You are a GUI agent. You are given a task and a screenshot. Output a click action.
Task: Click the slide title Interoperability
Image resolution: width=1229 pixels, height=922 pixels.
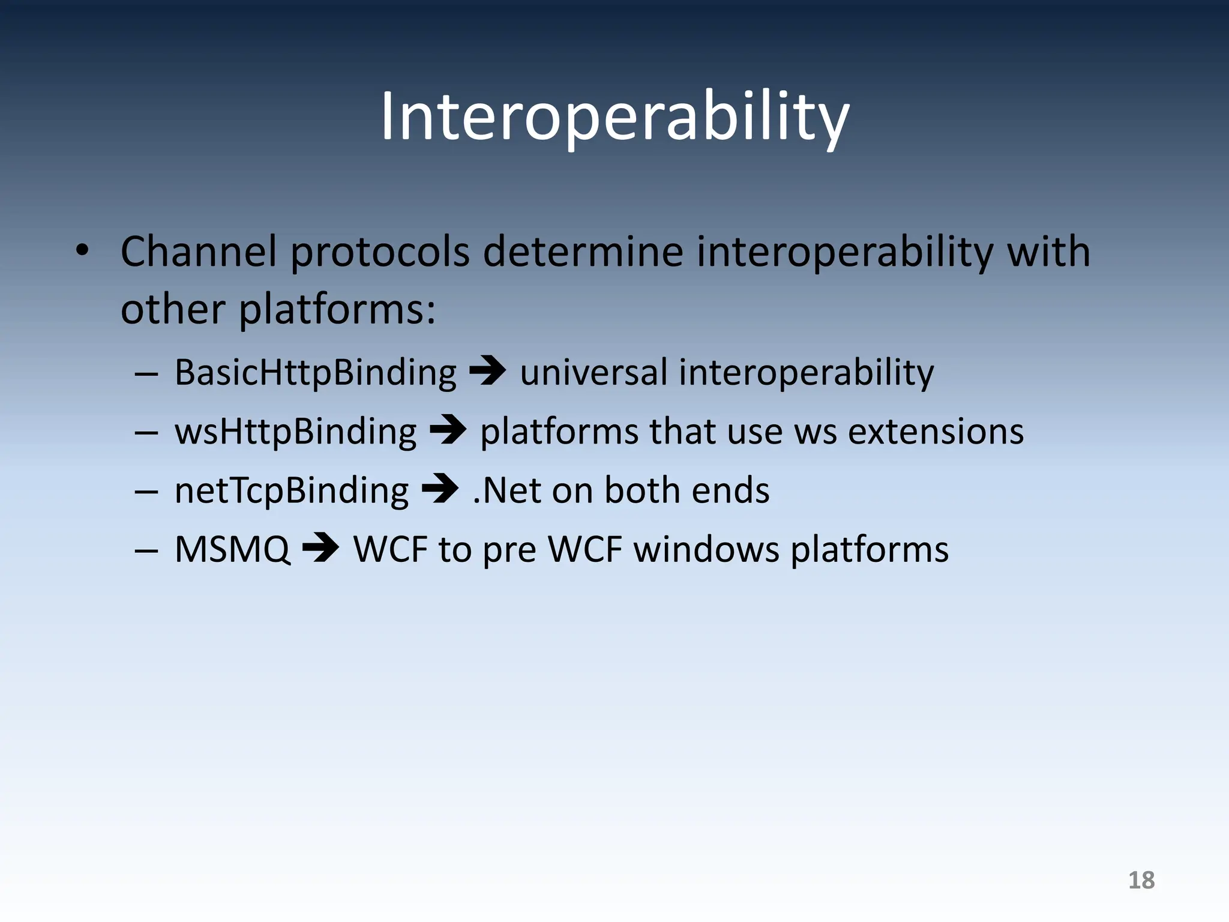tap(614, 117)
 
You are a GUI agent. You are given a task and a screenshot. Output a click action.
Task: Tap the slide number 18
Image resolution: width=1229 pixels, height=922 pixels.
tap(1141, 880)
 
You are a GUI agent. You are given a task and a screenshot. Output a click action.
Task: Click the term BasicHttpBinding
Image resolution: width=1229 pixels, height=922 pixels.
tap(316, 372)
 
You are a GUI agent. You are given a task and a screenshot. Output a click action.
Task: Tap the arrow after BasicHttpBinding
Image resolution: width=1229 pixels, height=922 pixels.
tap(487, 371)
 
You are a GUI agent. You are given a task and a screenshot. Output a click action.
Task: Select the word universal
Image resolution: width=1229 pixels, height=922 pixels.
tap(593, 372)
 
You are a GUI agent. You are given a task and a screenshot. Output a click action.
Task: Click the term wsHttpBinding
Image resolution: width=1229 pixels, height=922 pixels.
tap(295, 432)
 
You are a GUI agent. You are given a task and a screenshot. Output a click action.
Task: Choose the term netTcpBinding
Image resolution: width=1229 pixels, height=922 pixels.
tap(292, 490)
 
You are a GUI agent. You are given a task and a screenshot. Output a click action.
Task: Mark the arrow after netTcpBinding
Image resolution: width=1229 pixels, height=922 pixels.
tap(440, 489)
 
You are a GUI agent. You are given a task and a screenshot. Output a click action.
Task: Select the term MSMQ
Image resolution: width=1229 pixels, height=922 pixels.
tap(232, 549)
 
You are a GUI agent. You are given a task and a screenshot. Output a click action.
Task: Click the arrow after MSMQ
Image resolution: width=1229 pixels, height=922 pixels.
tap(320, 547)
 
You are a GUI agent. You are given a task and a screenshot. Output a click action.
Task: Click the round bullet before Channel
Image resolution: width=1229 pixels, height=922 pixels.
tap(82, 251)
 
